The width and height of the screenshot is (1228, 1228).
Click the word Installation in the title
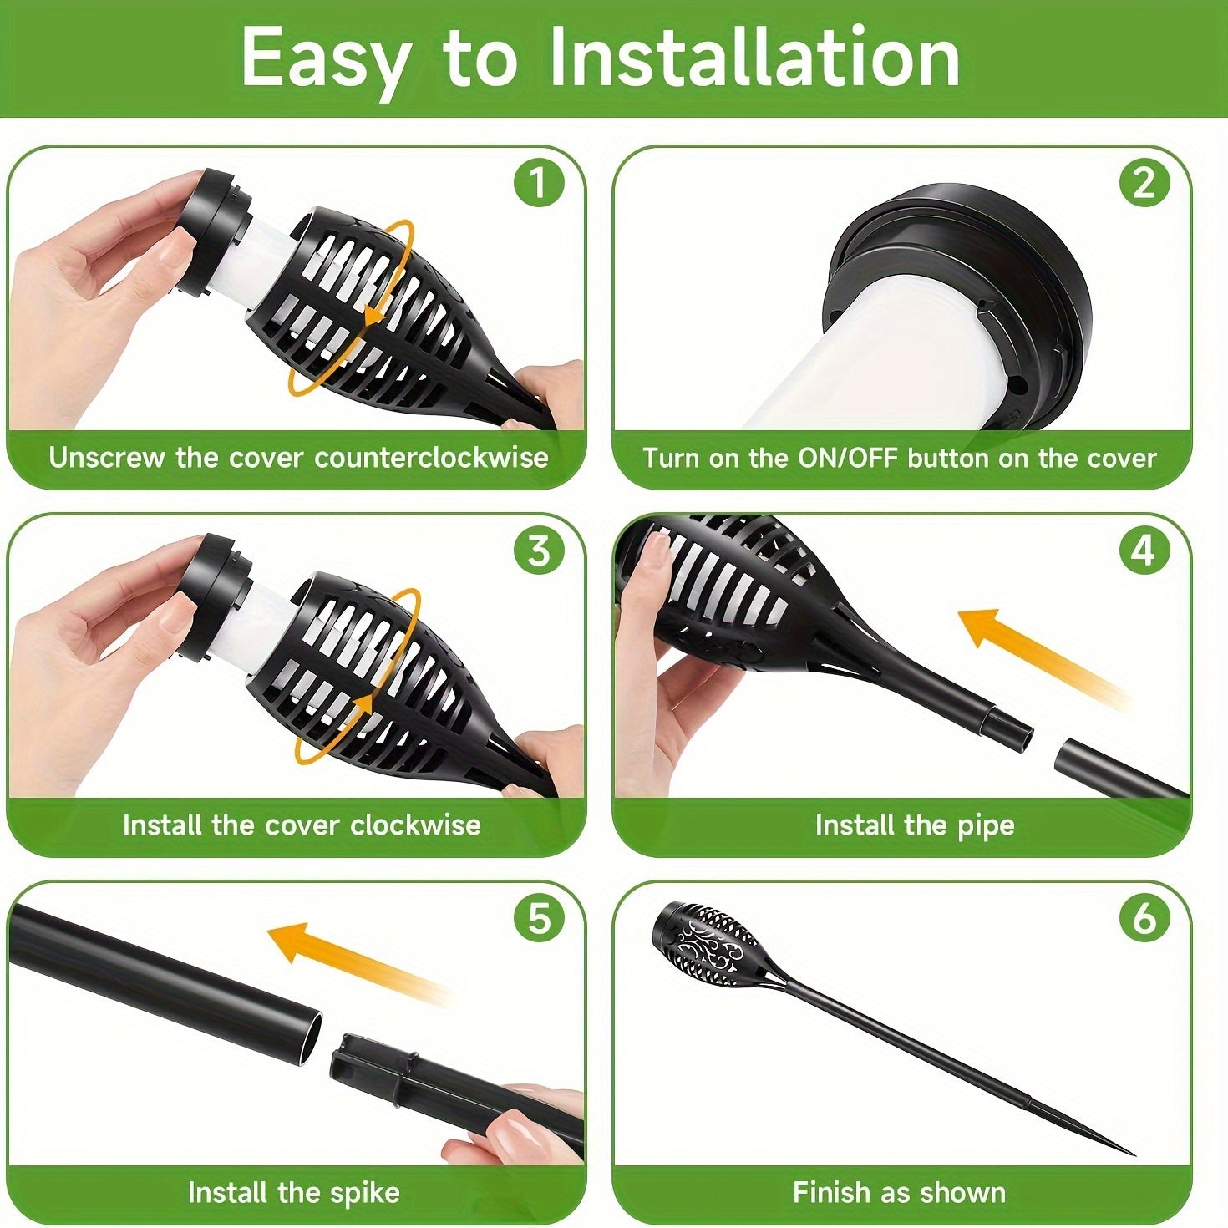pos(754,58)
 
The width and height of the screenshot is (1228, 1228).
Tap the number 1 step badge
pos(538,183)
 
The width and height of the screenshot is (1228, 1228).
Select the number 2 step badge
pos(1143,183)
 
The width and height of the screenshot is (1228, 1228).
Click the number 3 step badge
pos(538,551)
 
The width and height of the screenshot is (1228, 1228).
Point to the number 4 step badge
pos(1143,551)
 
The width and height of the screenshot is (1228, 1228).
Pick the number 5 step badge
pos(538,919)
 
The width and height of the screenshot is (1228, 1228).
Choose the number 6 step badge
pos(1143,919)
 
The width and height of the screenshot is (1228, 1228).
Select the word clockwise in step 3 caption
pos(415,825)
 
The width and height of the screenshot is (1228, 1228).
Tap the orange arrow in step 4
pos(1028,652)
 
